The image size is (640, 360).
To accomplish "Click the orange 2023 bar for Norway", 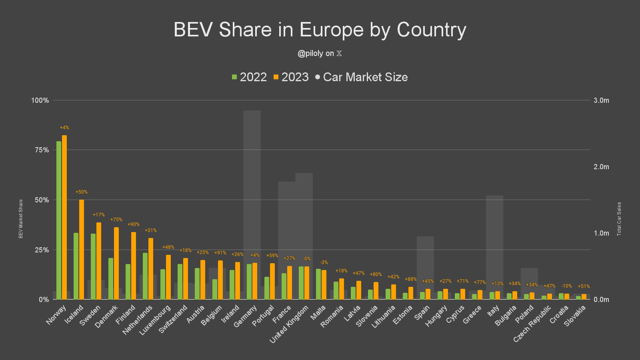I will coord(64,217).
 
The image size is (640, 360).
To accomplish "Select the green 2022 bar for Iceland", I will coord(76,266).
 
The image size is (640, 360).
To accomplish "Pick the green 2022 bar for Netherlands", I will coord(145,276).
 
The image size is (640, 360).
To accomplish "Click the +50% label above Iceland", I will coord(82,192).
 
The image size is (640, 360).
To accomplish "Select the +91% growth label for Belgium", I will coord(220,253).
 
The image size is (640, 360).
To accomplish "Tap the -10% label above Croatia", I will coord(567,286).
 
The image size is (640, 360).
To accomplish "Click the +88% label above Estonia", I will coord(411,279).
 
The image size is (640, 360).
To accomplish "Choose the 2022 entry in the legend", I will coord(249,77).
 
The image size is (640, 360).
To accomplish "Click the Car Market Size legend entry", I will coord(362,77).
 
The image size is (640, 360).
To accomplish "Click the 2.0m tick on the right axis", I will coord(601,167).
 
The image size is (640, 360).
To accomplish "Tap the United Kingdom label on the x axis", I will coord(289,324).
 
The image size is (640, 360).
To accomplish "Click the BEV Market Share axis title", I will coord(21,219).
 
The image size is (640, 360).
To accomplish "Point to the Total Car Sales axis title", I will coord(619,219).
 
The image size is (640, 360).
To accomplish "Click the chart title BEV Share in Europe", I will coord(320,30).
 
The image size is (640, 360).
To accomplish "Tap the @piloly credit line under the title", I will coord(320,54).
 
